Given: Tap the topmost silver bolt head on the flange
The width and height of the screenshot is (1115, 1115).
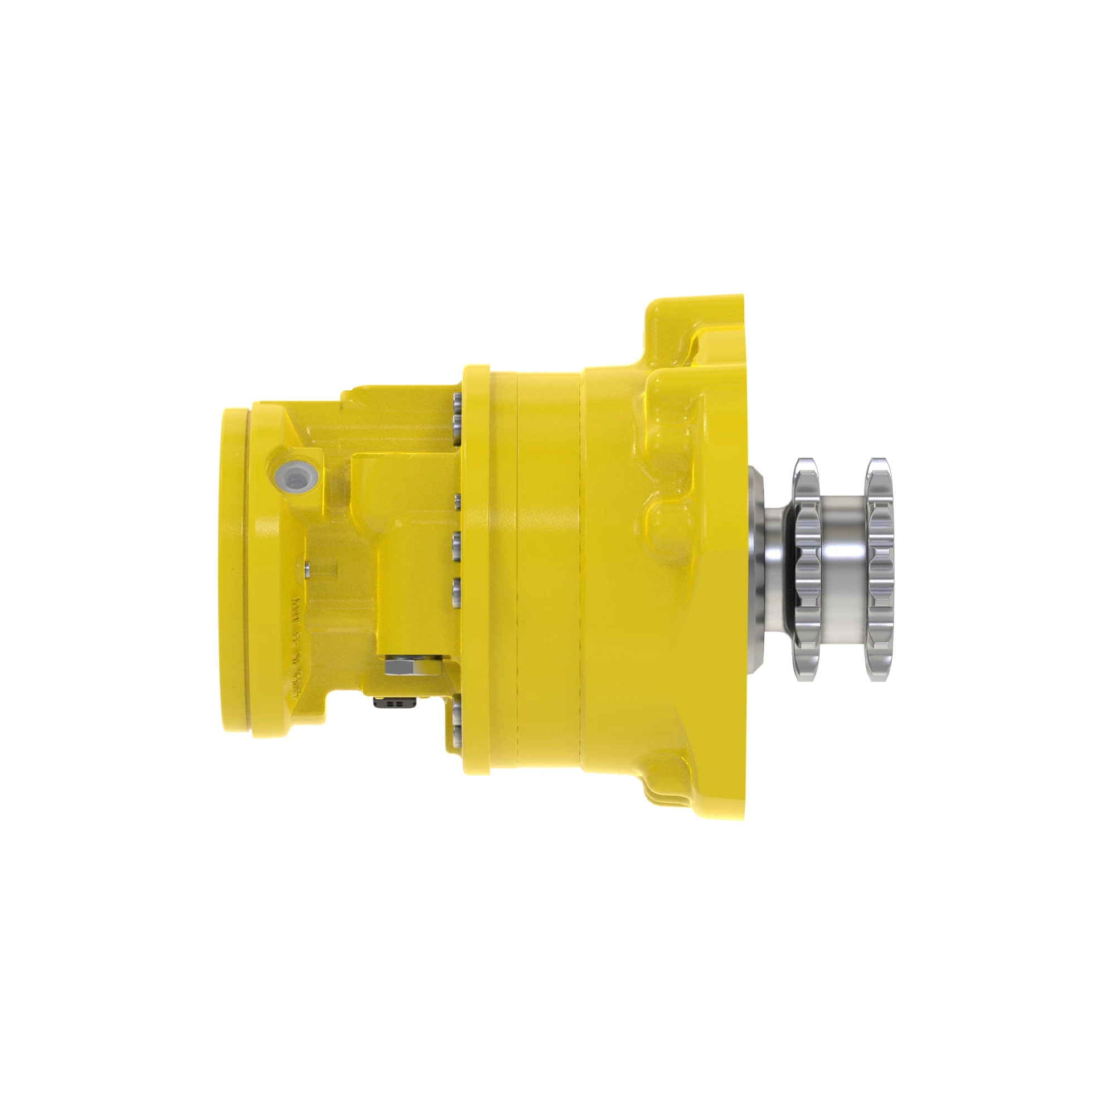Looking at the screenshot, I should click(458, 400).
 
